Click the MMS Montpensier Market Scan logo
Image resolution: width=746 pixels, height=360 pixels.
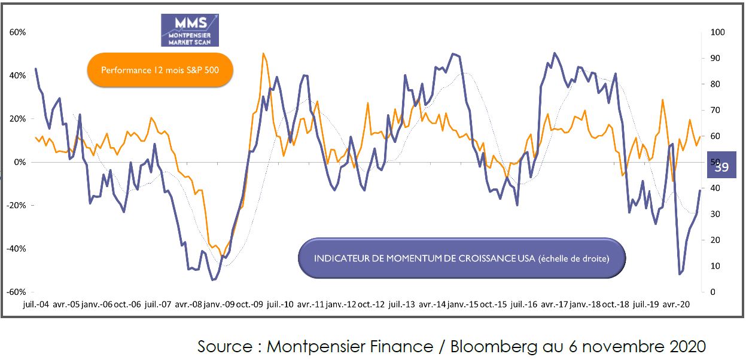point(190,30)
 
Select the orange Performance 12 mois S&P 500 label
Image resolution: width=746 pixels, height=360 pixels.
point(160,71)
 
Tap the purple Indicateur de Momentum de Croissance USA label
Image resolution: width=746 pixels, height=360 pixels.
point(461,258)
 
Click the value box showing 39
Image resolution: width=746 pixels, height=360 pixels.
point(722,167)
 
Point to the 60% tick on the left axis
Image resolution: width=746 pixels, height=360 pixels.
point(17,32)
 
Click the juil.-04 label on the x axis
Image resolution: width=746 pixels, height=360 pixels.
point(36,304)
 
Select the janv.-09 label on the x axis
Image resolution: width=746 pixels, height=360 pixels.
point(220,304)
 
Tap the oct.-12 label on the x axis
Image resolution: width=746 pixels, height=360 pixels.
point(372,304)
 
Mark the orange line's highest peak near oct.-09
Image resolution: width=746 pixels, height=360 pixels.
point(263,53)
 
